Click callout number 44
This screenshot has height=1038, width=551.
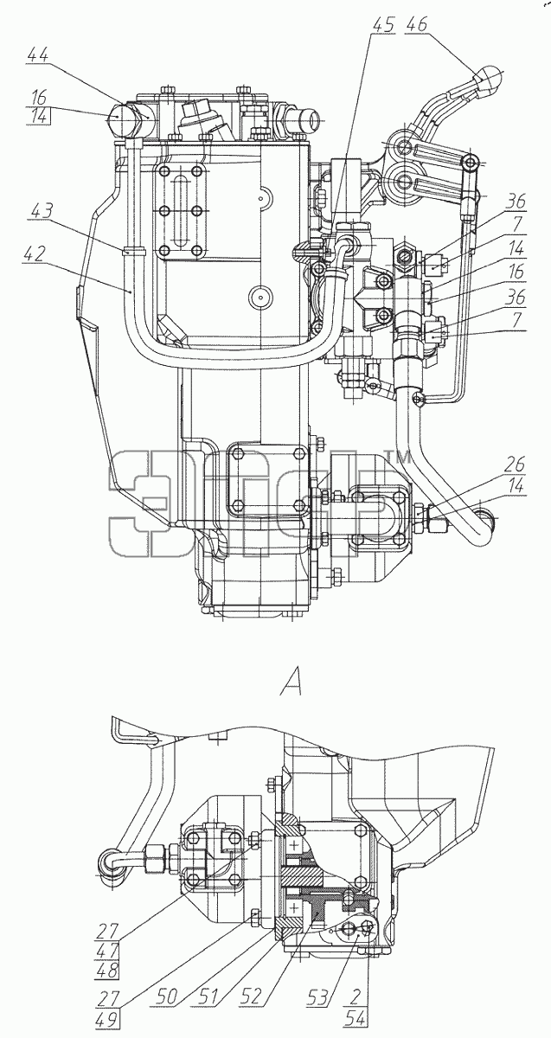tap(38, 55)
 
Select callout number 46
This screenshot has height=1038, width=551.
tap(416, 23)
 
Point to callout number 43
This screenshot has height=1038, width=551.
tap(42, 212)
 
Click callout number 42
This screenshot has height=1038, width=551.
tap(35, 254)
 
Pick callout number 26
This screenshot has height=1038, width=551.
tap(515, 465)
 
